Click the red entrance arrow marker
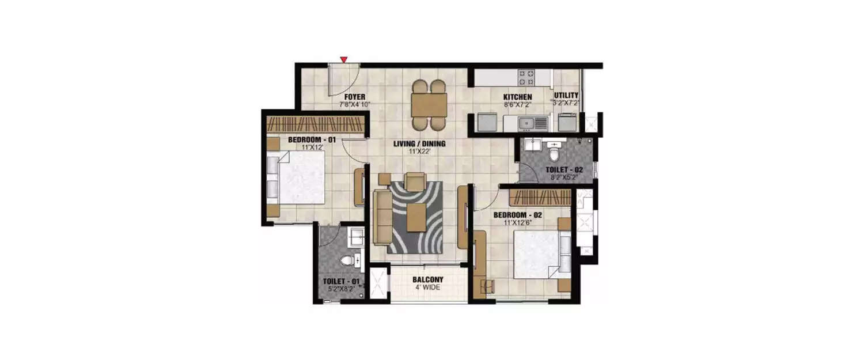344,59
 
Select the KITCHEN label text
517,97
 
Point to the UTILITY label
566,96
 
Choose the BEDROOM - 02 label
518,215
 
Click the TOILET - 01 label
342,282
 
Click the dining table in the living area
429,105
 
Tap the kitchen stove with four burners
526,77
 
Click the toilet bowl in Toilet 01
348,261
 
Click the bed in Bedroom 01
295,177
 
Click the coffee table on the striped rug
416,218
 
